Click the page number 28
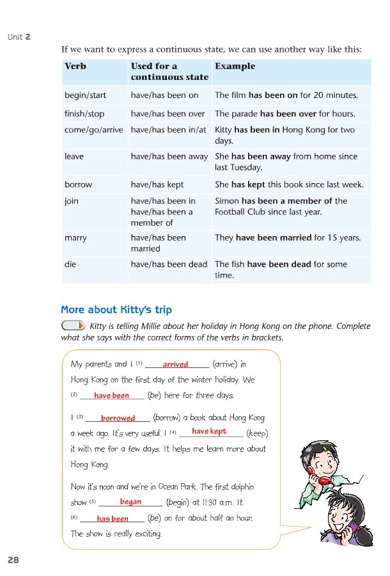(x=13, y=560)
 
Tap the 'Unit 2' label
(x=19, y=37)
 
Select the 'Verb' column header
(x=75, y=66)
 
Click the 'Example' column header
(x=235, y=66)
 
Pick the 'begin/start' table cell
(x=85, y=95)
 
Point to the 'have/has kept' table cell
(x=157, y=184)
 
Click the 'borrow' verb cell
(x=78, y=184)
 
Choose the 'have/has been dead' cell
(x=169, y=264)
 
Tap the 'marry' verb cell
(x=75, y=237)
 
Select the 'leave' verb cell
(x=74, y=156)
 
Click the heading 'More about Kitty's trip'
(x=116, y=310)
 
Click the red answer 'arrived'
(x=175, y=365)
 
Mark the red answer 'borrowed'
(x=118, y=418)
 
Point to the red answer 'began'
(x=130, y=502)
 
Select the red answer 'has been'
(x=113, y=519)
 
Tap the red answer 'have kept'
(x=209, y=432)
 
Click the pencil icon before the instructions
(x=73, y=326)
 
